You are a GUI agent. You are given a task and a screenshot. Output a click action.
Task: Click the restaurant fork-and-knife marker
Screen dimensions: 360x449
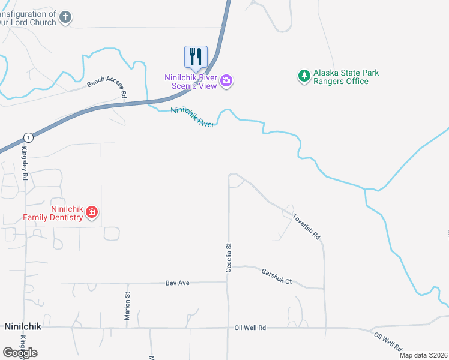pos(196,57)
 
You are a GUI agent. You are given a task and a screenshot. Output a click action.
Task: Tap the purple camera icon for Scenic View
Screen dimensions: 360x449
pos(226,81)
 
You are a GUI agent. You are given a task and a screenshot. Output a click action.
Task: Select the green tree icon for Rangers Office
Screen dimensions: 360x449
pos(304,76)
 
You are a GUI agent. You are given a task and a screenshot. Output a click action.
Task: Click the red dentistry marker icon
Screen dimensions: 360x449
pos(92,212)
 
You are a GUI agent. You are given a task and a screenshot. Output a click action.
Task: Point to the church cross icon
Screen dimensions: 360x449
pos(65,18)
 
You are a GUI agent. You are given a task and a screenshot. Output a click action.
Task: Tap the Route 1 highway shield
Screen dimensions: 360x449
pos(28,137)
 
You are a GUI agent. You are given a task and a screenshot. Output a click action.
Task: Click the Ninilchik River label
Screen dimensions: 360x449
pos(193,116)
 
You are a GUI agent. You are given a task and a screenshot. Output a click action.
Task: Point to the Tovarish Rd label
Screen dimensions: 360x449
pos(306,226)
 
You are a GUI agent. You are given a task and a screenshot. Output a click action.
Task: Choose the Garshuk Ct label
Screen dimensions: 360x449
pos(276,277)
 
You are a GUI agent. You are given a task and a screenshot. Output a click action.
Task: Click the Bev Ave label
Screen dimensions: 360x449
pos(177,282)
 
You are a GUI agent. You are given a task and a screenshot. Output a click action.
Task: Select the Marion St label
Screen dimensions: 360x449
pos(127,306)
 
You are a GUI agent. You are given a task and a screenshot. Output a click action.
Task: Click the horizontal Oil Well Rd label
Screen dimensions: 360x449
pos(250,328)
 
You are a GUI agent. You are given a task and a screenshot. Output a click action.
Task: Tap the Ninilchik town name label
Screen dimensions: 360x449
pos(22,327)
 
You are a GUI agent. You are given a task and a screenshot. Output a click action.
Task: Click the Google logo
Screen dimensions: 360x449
pos(20,352)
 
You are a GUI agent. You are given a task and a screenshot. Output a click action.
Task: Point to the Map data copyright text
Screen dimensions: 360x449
pos(423,355)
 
